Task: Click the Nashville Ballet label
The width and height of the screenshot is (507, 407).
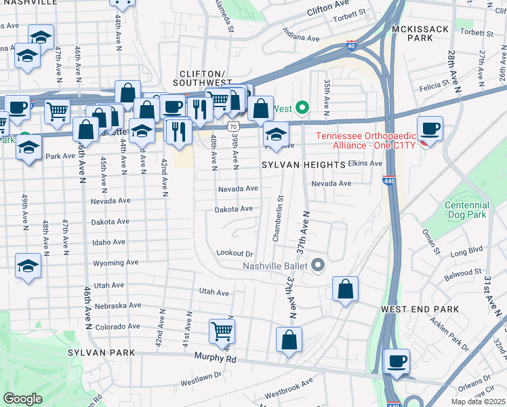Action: pos(277,265)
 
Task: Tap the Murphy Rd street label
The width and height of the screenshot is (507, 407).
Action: pos(214,357)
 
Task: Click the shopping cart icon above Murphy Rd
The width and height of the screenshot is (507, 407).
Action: pos(222,332)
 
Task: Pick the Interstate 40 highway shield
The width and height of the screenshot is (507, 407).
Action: pos(350,45)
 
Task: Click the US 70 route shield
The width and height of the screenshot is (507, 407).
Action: pos(232,126)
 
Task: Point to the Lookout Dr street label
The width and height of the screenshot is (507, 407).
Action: pos(234,252)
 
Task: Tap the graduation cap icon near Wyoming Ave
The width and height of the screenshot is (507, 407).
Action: pos(28,265)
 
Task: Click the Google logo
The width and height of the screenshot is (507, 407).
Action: pos(22,399)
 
